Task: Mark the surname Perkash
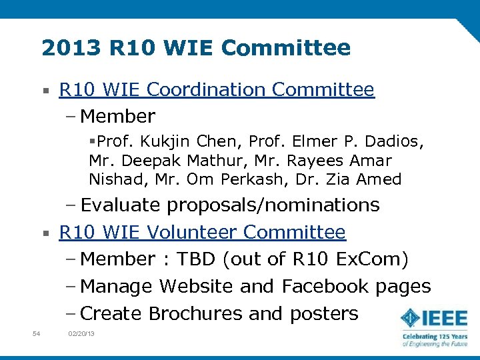246,179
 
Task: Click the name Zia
337,179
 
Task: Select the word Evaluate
121,205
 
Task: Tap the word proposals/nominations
273,205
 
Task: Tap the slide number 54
37,333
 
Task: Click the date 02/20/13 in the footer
81,333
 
